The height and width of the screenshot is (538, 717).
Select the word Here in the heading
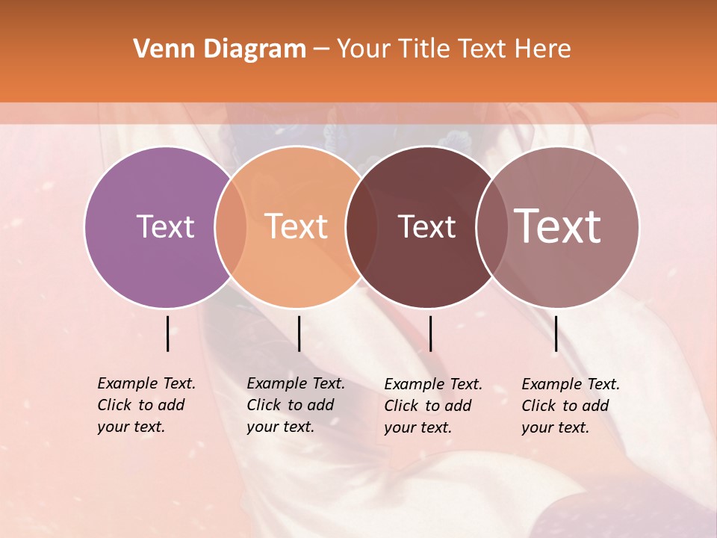click(544, 49)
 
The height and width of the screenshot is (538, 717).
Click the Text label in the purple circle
click(165, 226)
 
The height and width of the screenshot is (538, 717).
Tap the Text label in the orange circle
click(297, 226)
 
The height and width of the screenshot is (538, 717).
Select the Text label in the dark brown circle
click(427, 226)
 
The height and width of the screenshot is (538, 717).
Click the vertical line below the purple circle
click(167, 333)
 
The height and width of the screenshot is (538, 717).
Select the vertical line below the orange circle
click(299, 333)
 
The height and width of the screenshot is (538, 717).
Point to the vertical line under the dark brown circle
click(430, 333)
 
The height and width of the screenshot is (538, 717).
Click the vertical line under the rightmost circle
click(556, 333)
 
